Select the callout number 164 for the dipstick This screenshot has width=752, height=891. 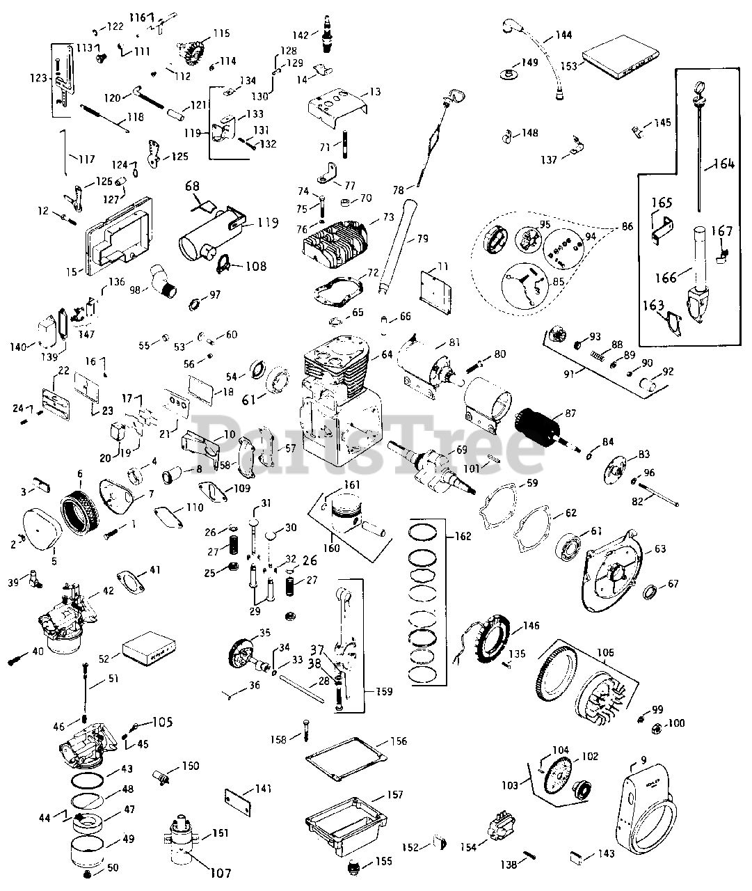(723, 164)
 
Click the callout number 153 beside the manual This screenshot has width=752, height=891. (569, 66)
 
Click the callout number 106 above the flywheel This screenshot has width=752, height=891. (606, 653)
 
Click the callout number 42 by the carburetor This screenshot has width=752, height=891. (108, 592)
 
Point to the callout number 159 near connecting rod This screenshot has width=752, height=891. (383, 692)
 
